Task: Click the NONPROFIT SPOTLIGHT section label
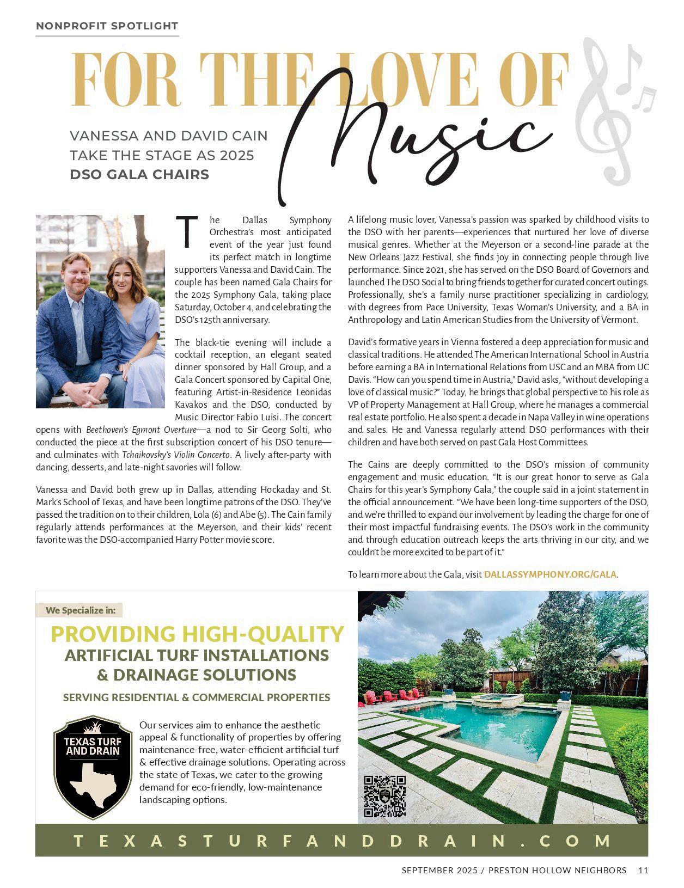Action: [107, 26]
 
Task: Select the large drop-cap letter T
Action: [186, 232]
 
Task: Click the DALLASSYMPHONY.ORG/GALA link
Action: [550, 574]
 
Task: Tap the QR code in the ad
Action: [384, 796]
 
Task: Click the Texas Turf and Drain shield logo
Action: [93, 767]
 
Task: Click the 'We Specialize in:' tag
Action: [80, 610]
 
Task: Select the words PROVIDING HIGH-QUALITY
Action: [197, 634]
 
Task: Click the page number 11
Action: [643, 870]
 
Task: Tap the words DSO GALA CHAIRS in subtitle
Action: [139, 174]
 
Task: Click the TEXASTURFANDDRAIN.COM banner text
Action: [342, 841]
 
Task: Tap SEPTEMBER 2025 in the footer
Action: [439, 870]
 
